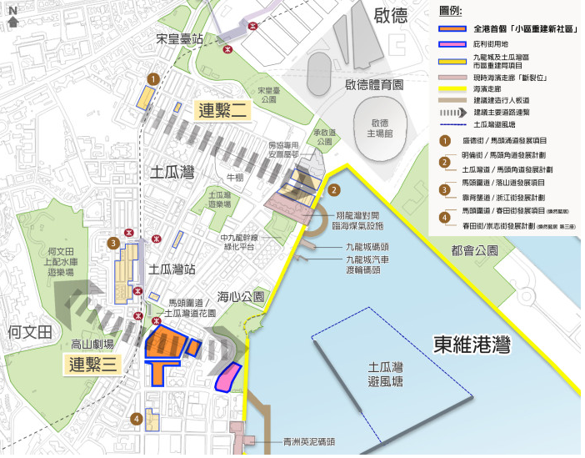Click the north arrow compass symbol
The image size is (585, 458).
(x=13, y=18)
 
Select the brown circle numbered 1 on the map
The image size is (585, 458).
(x=152, y=78)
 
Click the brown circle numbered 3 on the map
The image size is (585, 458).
(x=112, y=244)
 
